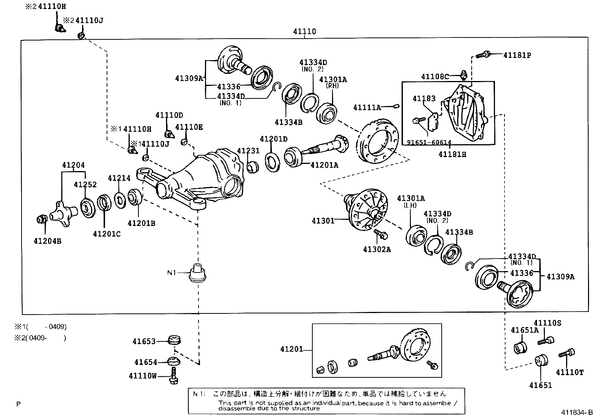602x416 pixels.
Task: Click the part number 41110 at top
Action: pyautogui.click(x=304, y=32)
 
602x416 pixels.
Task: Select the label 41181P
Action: pyautogui.click(x=517, y=55)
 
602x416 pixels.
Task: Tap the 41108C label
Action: pyautogui.click(x=435, y=77)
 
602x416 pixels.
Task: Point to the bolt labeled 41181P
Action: pyautogui.click(x=482, y=55)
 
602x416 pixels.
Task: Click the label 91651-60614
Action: pyautogui.click(x=429, y=143)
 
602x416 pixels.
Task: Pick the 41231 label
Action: pyautogui.click(x=248, y=151)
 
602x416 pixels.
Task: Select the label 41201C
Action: pyautogui.click(x=107, y=234)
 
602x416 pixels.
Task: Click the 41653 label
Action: pyautogui.click(x=144, y=341)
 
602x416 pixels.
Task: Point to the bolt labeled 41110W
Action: pyautogui.click(x=174, y=376)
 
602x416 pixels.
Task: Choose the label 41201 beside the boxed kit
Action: pyautogui.click(x=292, y=349)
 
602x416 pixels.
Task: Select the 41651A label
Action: pyautogui.click(x=524, y=330)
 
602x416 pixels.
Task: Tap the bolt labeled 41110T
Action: pyautogui.click(x=566, y=354)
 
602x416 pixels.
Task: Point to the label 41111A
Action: pyautogui.click(x=367, y=108)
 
